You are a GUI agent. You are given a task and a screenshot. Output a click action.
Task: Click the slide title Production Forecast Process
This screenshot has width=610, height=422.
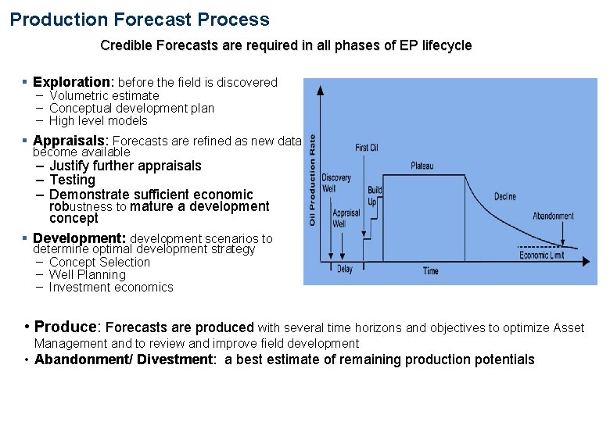[139, 20]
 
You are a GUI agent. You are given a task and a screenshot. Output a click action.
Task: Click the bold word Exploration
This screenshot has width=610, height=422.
[73, 82]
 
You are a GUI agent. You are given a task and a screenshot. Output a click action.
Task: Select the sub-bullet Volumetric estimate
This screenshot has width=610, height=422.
[104, 95]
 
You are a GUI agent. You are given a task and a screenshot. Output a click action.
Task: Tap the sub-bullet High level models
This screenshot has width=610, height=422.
[98, 120]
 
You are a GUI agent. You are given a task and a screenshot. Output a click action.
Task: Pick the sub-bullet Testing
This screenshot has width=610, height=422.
[72, 180]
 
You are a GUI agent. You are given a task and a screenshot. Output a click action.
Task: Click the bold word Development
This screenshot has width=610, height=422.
[79, 238]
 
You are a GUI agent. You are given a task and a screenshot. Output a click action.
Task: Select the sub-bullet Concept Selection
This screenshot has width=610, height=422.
[99, 262]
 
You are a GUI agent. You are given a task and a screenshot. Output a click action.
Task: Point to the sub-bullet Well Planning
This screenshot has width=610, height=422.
[87, 274]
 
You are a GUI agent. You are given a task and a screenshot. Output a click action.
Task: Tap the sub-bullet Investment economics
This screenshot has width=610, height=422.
[111, 287]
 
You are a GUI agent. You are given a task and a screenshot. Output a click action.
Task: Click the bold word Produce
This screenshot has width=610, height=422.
[67, 327]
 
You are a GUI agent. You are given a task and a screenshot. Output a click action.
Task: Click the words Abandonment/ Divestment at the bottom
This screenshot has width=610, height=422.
[124, 359]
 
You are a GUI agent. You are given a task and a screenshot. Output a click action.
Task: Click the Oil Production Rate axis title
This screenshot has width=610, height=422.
[313, 181]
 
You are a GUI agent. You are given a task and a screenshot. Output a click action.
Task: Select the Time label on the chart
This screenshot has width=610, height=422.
[431, 271]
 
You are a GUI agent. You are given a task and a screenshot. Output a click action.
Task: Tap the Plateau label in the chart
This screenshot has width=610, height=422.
[422, 166]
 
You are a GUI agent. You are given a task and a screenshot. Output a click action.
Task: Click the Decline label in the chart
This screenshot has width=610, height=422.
[504, 196]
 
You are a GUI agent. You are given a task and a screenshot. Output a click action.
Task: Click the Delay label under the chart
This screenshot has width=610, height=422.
[344, 270]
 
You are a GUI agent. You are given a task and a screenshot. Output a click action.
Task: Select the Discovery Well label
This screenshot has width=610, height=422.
[336, 183]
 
